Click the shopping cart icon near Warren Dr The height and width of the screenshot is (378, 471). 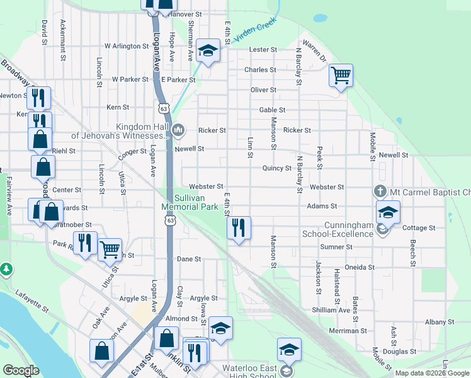(x=340, y=76)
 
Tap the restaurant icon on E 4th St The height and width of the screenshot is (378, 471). (x=238, y=227)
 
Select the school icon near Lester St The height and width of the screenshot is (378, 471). (x=207, y=50)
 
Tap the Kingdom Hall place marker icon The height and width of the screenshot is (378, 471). (x=178, y=130)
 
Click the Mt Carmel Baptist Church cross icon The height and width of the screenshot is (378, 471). (x=380, y=191)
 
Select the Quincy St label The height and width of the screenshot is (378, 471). (x=277, y=168)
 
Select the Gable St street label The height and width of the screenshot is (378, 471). (x=273, y=110)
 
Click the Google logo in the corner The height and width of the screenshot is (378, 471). (x=21, y=370)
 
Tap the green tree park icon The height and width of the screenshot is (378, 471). (x=6, y=270)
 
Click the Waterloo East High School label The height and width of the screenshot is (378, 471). (x=249, y=372)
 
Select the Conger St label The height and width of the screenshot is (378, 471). (x=132, y=151)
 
